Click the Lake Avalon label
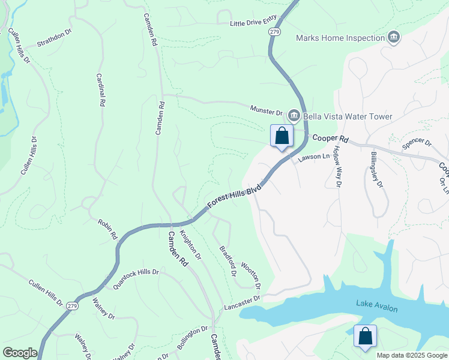377,306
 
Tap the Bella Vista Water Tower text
348,116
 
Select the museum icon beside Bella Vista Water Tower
294,115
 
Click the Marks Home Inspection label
340,38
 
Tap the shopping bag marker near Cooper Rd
282,136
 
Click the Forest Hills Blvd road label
235,196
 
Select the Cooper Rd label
330,139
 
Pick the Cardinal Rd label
101,91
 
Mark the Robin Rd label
107,229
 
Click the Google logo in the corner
20,353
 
